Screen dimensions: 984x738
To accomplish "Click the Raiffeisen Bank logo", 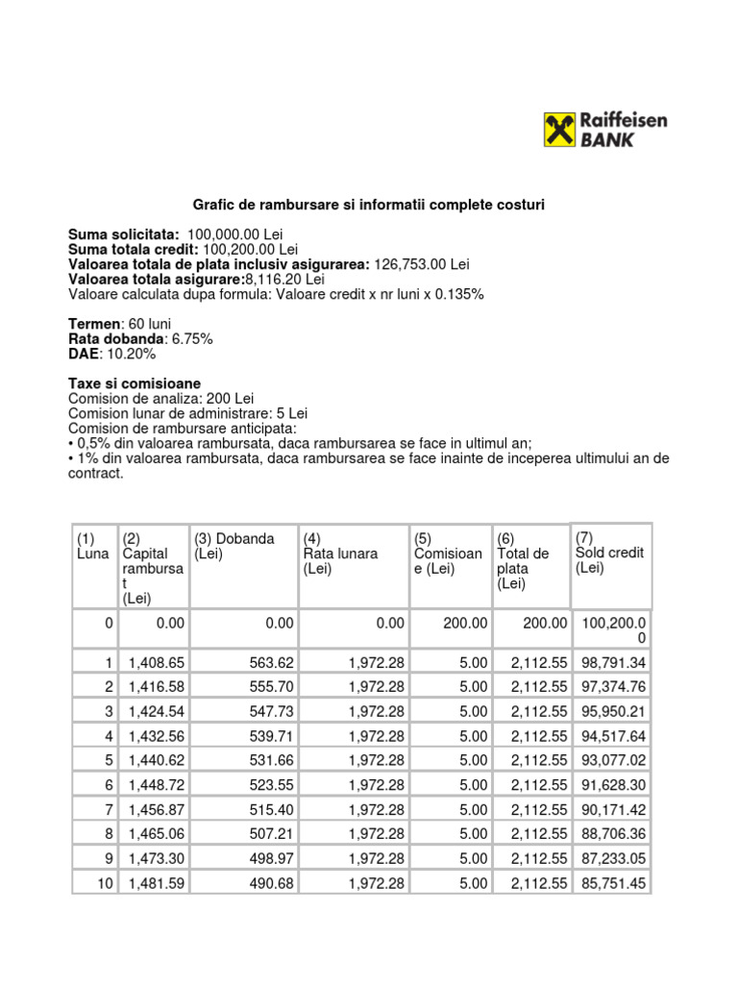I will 605,129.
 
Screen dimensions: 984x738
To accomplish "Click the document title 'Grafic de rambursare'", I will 369,205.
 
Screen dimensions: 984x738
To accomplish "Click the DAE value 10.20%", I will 133,354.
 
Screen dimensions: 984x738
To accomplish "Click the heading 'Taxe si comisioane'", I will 135,383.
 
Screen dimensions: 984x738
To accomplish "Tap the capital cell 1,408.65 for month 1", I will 155,663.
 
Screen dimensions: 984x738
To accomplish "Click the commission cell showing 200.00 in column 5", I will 465,624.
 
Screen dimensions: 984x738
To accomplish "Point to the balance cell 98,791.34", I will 612,663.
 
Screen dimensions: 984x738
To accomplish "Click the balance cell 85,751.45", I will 612,883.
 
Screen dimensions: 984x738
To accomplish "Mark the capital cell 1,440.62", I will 155,761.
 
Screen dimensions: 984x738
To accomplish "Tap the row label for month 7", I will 108,810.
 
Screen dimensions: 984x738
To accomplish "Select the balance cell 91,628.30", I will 612,785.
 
